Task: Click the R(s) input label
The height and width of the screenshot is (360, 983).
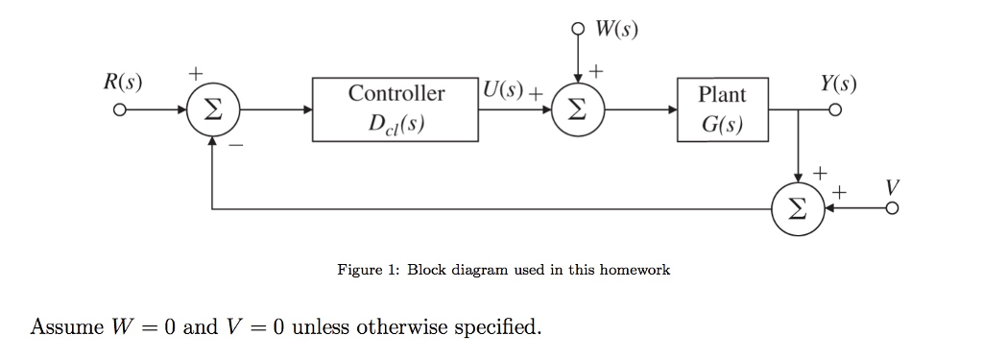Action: click(123, 82)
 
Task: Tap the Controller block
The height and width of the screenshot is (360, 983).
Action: click(396, 109)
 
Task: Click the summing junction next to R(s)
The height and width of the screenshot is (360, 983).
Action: click(212, 110)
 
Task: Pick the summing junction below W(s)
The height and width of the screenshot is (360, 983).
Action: click(575, 110)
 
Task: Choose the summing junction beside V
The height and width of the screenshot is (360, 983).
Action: click(799, 207)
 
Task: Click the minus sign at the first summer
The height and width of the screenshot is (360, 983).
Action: click(236, 146)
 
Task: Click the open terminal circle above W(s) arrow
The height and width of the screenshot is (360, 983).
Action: click(575, 28)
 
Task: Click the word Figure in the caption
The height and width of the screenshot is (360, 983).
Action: click(360, 270)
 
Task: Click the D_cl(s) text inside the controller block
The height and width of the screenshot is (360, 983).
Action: click(396, 123)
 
